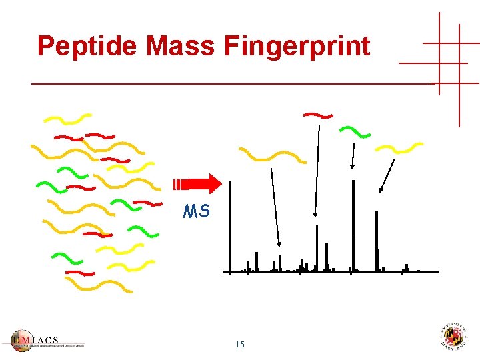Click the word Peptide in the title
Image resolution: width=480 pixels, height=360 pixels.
coord(88,46)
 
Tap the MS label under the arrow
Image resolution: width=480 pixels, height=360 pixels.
coord(197,212)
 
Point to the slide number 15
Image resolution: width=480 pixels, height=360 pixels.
coord(240,345)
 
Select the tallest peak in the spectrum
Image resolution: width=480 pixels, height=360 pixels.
coord(353,227)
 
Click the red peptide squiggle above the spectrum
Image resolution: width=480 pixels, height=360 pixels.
coord(318,115)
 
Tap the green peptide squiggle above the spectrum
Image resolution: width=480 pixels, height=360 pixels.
coord(355,131)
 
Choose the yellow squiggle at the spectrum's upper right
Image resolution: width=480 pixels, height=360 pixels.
coord(399,147)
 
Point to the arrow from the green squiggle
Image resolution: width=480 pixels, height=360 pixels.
coord(353,157)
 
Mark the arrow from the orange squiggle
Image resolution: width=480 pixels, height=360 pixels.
coord(275,207)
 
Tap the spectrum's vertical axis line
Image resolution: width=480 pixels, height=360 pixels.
coord(230,227)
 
